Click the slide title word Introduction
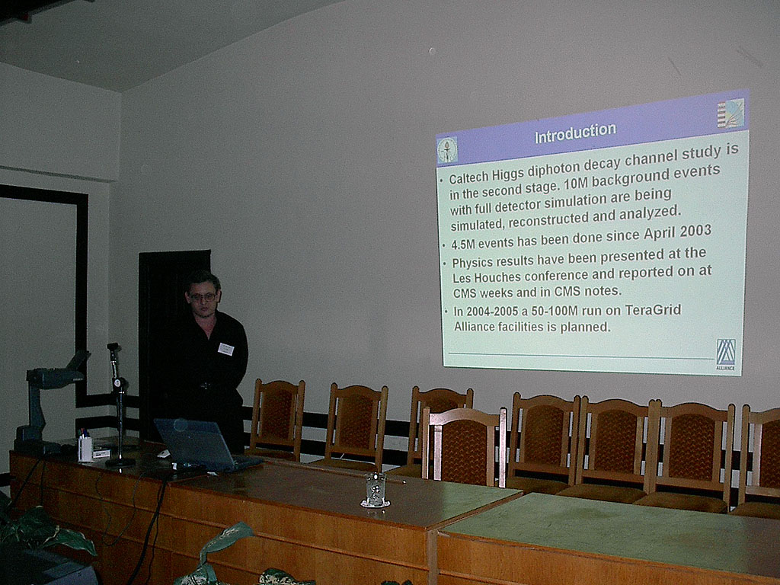pos(574,133)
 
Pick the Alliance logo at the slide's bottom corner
pos(726,354)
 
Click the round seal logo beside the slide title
pos(447,149)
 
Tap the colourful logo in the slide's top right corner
pos(730,113)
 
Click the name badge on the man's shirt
pos(226,349)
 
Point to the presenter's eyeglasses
pos(203,296)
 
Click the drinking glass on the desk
pos(375,489)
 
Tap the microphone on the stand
pos(113,348)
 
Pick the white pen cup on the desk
pos(85,448)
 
